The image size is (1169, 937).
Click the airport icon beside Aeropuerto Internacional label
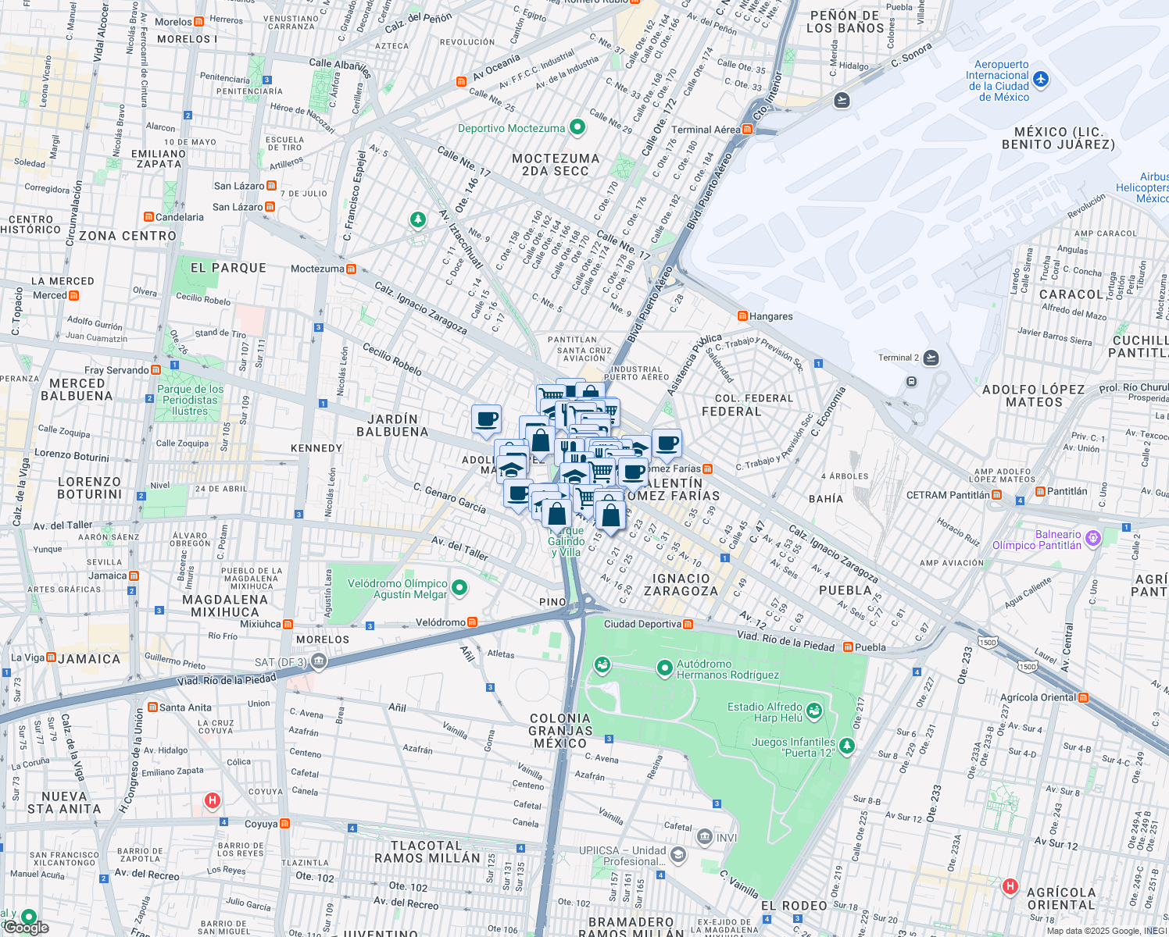coord(1040,80)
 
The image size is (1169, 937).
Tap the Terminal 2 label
coord(899,358)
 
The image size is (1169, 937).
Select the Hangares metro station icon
coord(742,316)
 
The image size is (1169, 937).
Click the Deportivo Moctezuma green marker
coord(577,126)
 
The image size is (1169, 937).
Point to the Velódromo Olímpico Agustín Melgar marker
coord(459,588)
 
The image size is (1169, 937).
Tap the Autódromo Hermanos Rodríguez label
coord(727,669)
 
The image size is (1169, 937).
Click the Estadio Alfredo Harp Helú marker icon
coord(815,711)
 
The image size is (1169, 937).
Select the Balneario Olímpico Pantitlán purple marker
coord(1092,537)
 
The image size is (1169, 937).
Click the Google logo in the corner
coord(26,927)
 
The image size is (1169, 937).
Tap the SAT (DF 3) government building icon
coord(318,662)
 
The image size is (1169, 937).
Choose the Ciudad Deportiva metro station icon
coord(688,624)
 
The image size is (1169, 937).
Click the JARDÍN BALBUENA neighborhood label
coord(392,426)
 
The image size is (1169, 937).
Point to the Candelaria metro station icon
coord(148,217)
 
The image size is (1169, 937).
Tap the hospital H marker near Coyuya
coord(212,800)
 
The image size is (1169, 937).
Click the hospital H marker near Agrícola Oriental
coord(1010,885)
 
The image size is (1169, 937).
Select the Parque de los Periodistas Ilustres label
coord(190,400)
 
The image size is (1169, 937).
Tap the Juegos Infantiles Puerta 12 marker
coord(846,746)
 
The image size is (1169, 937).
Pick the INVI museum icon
coord(705,837)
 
